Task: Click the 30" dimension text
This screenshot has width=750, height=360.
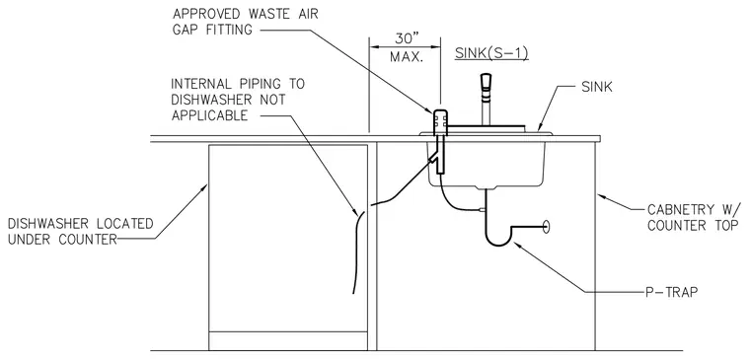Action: pyautogui.click(x=405, y=37)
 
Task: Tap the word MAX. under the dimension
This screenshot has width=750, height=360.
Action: pyautogui.click(x=407, y=57)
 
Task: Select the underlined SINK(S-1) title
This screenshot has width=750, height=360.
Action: pyautogui.click(x=491, y=53)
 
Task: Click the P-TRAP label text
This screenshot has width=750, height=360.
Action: pyautogui.click(x=671, y=293)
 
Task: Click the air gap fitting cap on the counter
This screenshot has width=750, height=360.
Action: pyautogui.click(x=440, y=121)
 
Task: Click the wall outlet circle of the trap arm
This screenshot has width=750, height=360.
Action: pyautogui.click(x=547, y=226)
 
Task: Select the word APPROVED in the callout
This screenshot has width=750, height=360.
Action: pyautogui.click(x=203, y=14)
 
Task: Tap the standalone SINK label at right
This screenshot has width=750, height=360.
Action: pyautogui.click(x=596, y=87)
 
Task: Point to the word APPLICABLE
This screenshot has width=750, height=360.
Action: pyautogui.click(x=210, y=115)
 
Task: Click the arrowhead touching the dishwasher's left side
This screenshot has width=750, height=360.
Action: pyautogui.click(x=204, y=187)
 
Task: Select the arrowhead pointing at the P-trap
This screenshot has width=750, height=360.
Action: pyautogui.click(x=516, y=245)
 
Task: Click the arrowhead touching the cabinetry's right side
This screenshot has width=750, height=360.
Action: pyautogui.click(x=601, y=196)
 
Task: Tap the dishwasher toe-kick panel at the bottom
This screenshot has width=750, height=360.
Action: pyautogui.click(x=288, y=340)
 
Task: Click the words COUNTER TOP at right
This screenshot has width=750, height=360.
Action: pyautogui.click(x=693, y=225)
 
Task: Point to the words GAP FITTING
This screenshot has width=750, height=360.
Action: pyautogui.click(x=212, y=30)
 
